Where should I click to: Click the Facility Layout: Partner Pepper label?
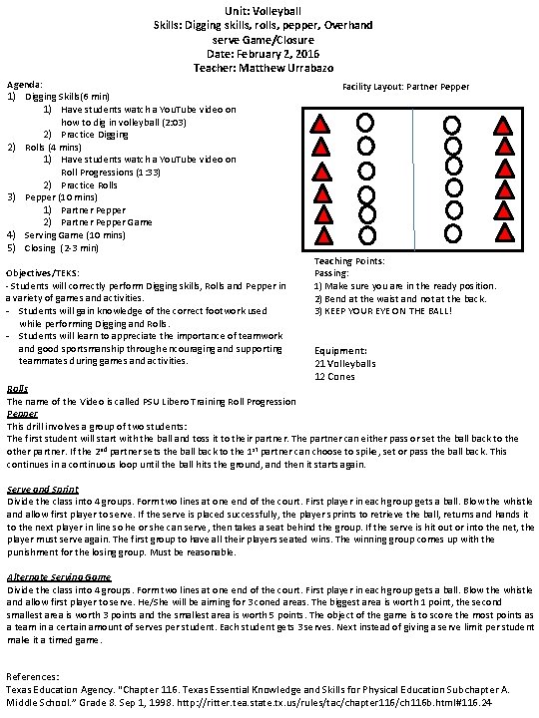click(x=405, y=87)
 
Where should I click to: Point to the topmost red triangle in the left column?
click(x=322, y=125)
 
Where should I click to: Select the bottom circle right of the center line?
click(x=455, y=233)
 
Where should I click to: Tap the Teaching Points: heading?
click(x=349, y=261)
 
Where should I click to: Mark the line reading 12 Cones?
click(x=335, y=376)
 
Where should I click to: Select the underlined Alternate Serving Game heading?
click(x=58, y=577)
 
